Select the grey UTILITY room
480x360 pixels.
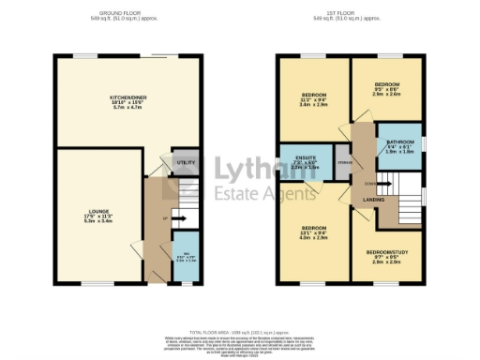coord(186,162)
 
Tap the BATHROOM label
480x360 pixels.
coord(399,142)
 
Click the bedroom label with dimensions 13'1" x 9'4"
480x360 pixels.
coord(313,228)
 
